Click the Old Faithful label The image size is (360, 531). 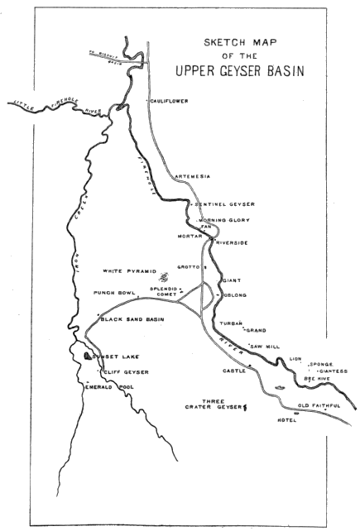[x=319, y=405]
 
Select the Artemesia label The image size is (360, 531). [x=194, y=176]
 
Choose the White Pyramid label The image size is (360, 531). [x=129, y=270]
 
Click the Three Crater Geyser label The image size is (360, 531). [x=214, y=405]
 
